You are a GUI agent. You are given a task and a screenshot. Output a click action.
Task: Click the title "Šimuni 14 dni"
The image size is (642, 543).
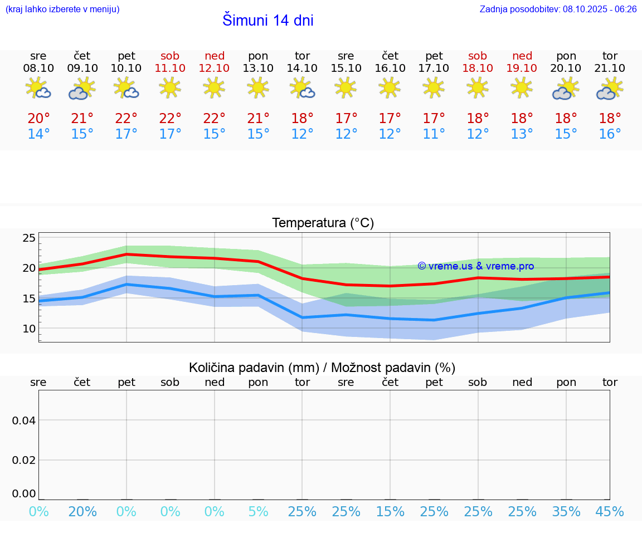click(267, 21)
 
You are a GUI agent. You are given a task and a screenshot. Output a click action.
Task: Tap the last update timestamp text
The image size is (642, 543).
click(558, 9)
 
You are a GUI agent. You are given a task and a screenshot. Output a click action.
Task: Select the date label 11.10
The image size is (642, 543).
click(170, 69)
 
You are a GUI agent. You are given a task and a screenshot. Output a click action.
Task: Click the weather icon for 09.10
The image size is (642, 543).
click(82, 89)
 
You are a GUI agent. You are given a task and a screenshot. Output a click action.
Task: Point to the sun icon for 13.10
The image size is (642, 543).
click(258, 87)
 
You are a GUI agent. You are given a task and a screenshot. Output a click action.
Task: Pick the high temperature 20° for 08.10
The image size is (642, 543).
click(38, 119)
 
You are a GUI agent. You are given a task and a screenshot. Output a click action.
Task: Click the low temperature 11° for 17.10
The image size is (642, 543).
click(434, 134)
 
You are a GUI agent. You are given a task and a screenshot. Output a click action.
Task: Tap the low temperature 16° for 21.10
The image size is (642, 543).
click(610, 134)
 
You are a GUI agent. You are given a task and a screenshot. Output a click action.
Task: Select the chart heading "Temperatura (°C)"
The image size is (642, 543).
click(323, 223)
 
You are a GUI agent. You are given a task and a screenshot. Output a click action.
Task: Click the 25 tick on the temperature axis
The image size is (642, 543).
click(29, 238)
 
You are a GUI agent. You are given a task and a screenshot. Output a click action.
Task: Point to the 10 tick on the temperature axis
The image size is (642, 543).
click(29, 329)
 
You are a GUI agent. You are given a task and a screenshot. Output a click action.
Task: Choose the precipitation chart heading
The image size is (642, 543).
click(322, 368)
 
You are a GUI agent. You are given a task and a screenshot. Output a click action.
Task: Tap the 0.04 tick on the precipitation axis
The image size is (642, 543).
click(24, 420)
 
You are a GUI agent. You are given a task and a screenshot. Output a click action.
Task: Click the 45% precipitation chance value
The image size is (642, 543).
click(610, 512)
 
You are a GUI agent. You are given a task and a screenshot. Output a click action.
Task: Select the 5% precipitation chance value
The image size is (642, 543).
click(258, 512)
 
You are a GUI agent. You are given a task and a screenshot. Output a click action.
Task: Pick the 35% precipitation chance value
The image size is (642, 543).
click(566, 512)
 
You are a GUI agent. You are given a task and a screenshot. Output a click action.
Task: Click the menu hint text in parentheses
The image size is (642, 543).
click(62, 9)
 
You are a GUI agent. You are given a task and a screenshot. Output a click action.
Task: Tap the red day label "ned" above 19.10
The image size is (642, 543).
click(522, 56)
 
